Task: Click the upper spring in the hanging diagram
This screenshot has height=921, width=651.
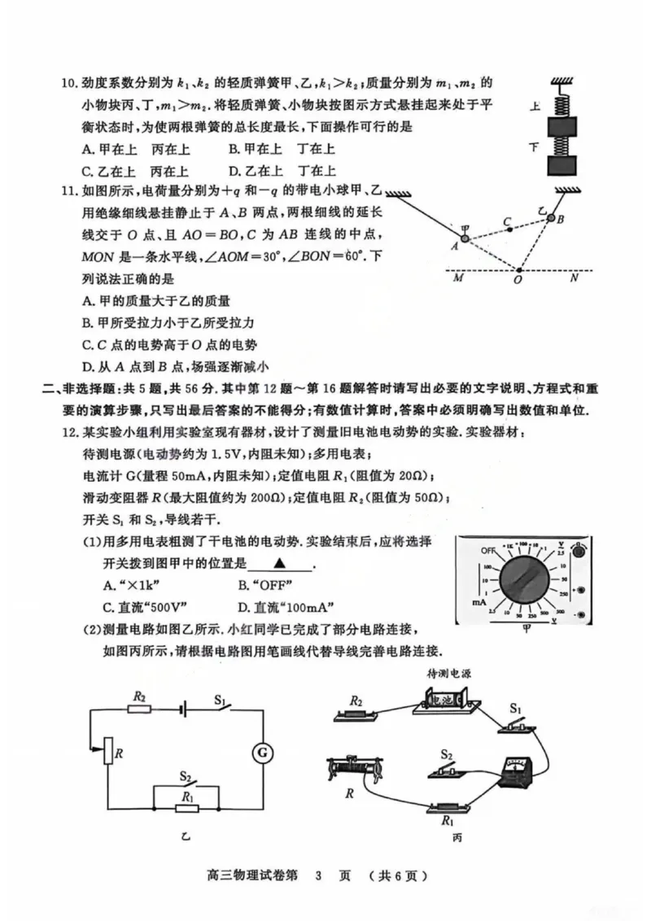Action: point(560,106)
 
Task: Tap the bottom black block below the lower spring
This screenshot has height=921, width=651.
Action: point(560,165)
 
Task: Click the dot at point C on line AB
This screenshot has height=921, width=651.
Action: point(509,229)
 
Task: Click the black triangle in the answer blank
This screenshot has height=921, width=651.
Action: point(279,563)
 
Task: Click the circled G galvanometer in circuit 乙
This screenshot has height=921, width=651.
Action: point(263,753)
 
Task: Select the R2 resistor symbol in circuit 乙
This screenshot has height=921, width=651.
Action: point(139,709)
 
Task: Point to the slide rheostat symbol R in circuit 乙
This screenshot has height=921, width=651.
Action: point(107,753)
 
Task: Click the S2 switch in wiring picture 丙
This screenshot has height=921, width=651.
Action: point(446,766)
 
